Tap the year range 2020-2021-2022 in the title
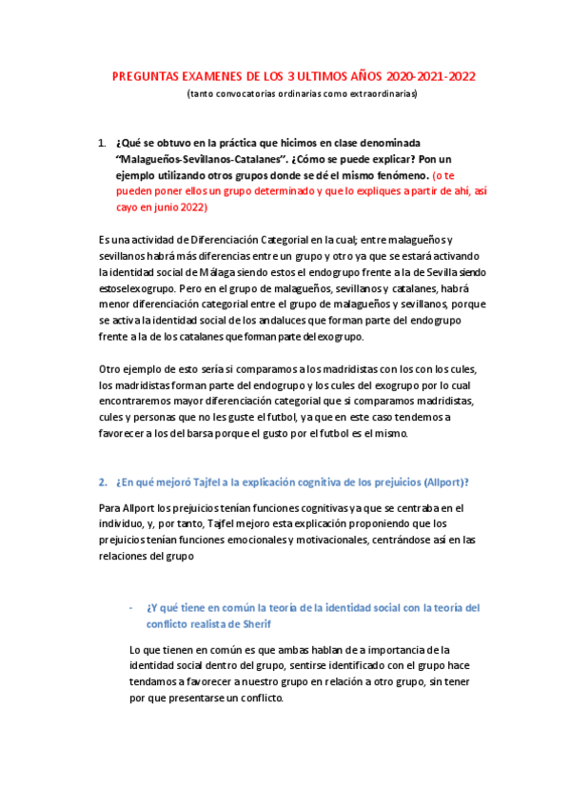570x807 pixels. pyautogui.click(x=428, y=77)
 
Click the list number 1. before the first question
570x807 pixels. pyautogui.click(x=102, y=142)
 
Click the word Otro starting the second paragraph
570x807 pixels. pyautogui.click(x=110, y=368)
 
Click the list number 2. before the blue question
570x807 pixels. pyautogui.click(x=103, y=481)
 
